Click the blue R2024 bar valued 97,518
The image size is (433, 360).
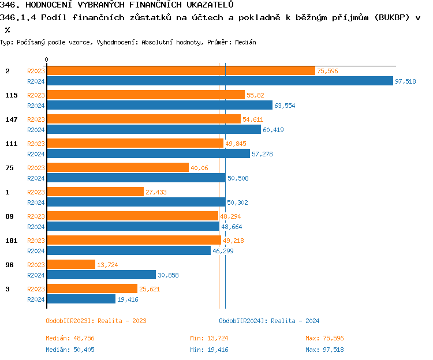click(x=219, y=81)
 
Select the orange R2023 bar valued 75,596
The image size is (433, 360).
click(x=181, y=70)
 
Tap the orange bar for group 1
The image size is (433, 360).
click(x=95, y=192)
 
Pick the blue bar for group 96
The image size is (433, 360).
click(x=101, y=275)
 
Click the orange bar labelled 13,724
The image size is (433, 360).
click(x=70, y=264)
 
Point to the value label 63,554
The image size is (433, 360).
click(x=285, y=106)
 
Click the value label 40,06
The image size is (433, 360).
click(x=199, y=168)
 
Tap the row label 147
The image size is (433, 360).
click(x=12, y=119)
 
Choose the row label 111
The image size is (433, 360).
click(x=12, y=144)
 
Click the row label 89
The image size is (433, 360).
click(x=10, y=216)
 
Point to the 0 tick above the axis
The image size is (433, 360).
click(x=46, y=59)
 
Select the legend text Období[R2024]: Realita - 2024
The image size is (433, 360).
click(x=269, y=321)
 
